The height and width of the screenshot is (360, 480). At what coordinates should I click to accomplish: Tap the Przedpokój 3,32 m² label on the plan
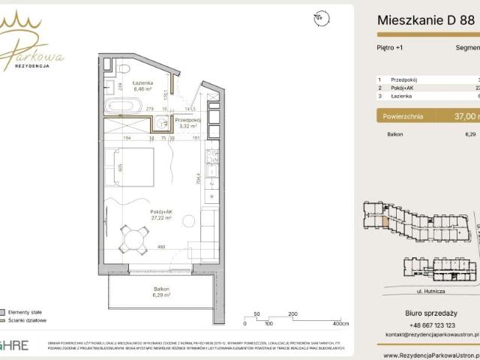tap(187, 123)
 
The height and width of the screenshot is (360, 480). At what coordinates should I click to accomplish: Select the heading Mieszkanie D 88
tap(426, 21)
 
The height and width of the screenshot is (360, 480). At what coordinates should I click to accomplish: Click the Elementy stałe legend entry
tap(25, 310)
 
